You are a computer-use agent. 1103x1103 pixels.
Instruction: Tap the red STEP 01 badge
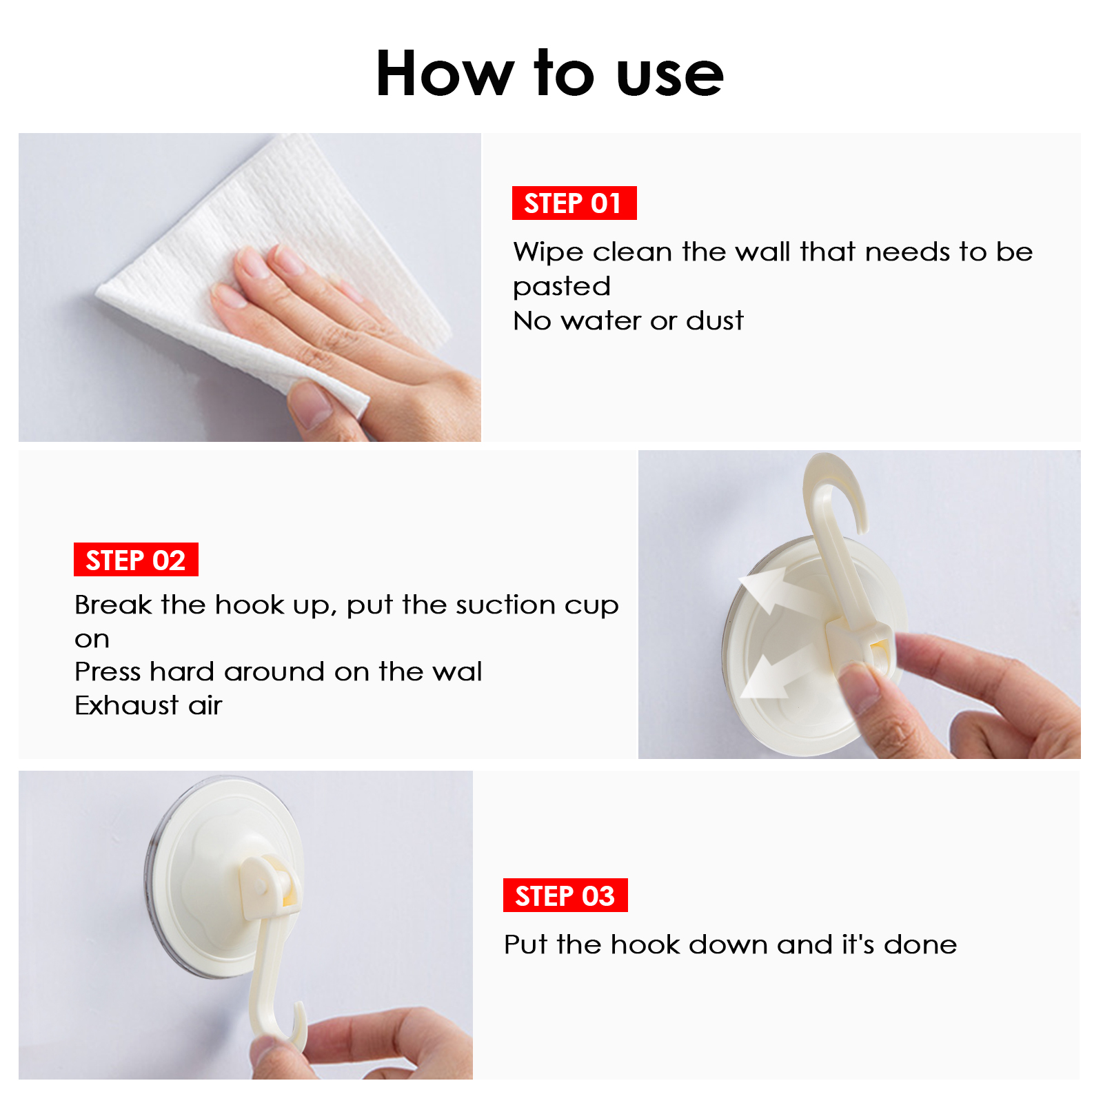tap(574, 203)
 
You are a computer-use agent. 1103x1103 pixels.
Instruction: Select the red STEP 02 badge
tap(136, 559)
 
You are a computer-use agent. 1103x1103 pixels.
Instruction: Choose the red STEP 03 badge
tap(565, 895)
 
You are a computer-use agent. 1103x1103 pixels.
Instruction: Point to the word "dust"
tap(715, 321)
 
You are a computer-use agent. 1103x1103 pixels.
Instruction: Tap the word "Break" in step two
tap(113, 605)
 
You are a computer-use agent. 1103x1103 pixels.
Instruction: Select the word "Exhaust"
tap(127, 705)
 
